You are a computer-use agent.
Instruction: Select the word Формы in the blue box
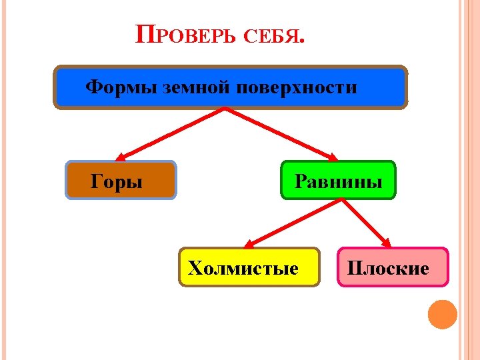click(x=123, y=87)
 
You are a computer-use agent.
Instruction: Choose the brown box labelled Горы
click(x=121, y=180)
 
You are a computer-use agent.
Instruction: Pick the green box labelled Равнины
click(x=338, y=180)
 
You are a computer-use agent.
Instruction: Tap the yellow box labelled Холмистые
click(x=249, y=267)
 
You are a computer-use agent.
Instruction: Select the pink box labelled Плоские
click(x=393, y=267)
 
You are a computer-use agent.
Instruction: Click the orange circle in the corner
click(x=442, y=314)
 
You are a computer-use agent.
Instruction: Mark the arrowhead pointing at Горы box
click(x=121, y=157)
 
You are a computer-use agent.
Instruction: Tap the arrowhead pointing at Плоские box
click(x=387, y=243)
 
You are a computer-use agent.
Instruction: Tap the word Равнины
click(x=339, y=181)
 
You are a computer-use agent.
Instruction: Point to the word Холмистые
click(x=243, y=268)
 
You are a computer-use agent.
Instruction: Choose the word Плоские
click(x=387, y=268)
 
